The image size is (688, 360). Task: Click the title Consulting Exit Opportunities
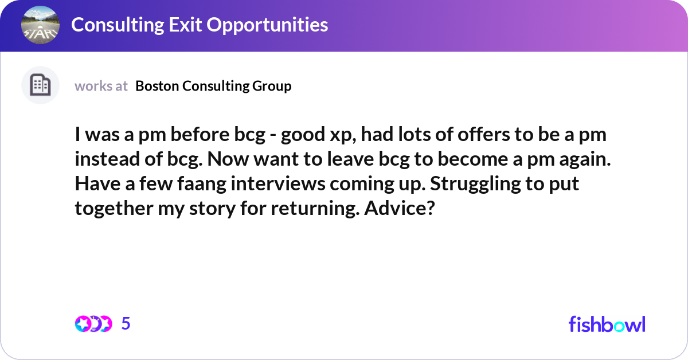200,25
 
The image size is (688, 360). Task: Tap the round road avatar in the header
40,25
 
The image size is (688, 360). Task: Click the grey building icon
40,85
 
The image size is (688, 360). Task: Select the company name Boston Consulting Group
213,86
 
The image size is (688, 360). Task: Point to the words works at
101,86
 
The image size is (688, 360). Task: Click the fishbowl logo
607,324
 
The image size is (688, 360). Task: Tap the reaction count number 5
126,324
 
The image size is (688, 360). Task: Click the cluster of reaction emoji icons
93,324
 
